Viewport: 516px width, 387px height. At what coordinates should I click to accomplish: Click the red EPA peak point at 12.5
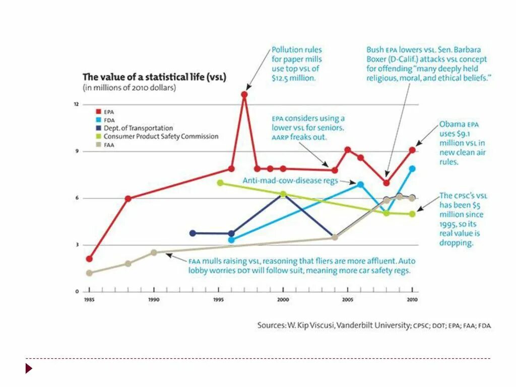point(244,94)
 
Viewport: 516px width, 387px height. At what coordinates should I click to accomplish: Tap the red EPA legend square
point(99,111)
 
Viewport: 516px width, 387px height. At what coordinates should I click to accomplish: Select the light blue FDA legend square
point(99,120)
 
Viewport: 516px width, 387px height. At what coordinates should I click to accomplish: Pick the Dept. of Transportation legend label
point(138,128)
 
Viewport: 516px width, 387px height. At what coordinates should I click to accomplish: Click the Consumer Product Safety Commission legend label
point(161,136)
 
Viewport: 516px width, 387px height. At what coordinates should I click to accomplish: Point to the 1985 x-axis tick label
point(89,299)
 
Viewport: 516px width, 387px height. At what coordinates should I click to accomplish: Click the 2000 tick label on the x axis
point(283,299)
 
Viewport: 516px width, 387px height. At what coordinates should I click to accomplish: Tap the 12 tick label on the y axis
point(76,104)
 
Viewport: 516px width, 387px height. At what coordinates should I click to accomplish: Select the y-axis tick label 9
point(77,151)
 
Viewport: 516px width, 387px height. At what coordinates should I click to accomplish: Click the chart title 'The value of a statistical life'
point(154,77)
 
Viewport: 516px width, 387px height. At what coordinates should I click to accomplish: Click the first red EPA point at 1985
point(89,259)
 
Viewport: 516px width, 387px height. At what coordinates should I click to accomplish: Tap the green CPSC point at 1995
point(220,182)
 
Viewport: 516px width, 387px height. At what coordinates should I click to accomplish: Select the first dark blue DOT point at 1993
point(192,233)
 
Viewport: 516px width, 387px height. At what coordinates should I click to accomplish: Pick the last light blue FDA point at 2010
point(412,169)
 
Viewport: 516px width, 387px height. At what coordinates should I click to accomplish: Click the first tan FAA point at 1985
point(89,273)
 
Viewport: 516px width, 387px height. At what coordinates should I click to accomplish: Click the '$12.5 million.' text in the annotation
point(293,78)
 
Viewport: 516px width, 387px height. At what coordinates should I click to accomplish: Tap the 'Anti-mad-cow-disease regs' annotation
point(289,180)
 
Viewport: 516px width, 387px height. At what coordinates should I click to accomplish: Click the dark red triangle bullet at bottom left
point(29,368)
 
